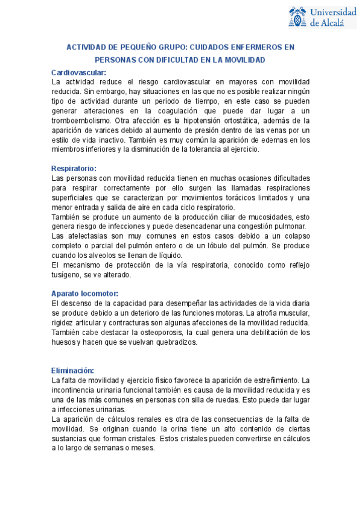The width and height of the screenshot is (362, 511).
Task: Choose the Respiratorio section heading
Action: [74, 168]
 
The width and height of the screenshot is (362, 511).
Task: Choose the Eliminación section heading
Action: [72, 370]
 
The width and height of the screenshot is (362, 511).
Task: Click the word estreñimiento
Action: [274, 380]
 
